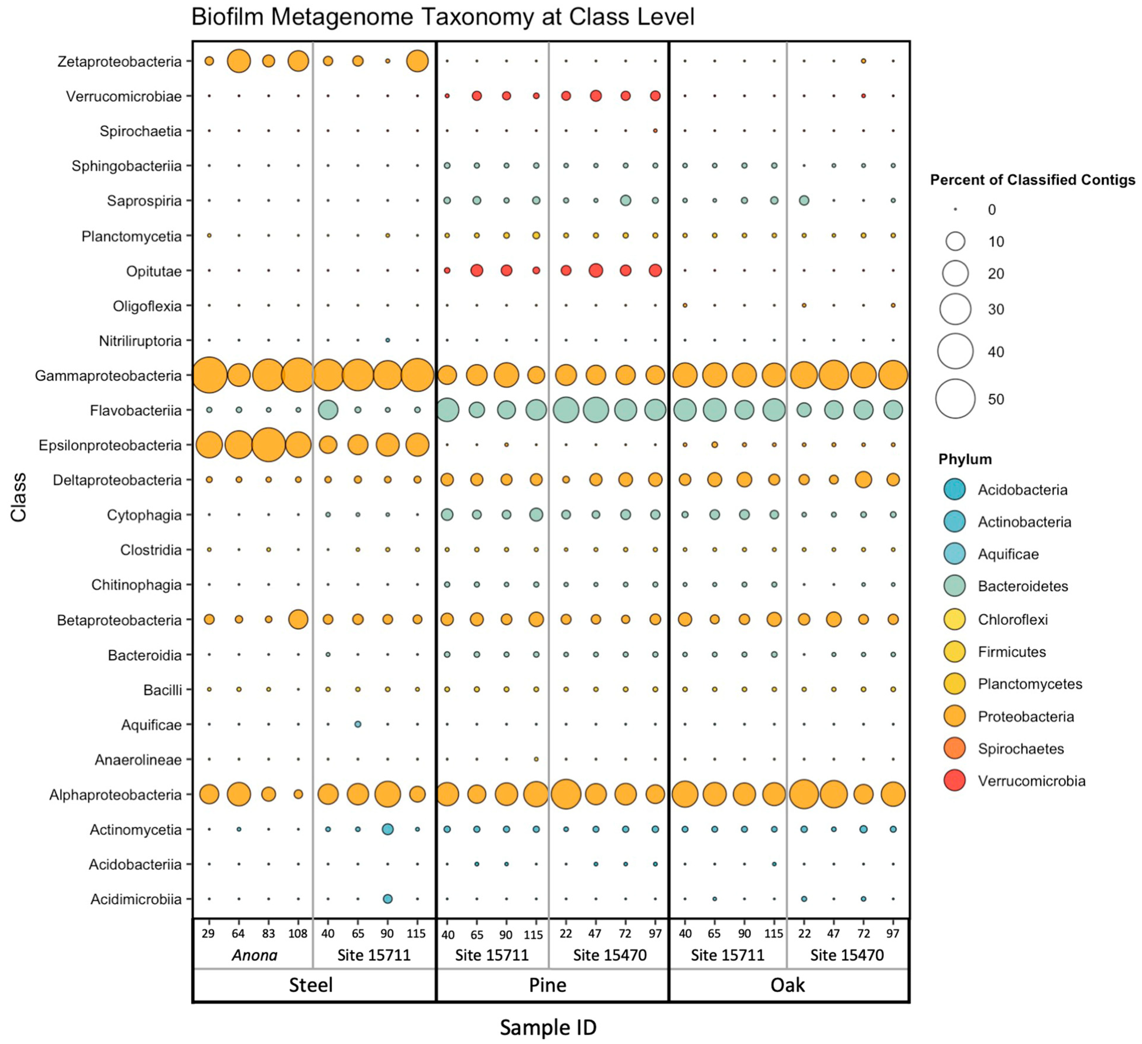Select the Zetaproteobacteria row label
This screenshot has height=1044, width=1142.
pyautogui.click(x=120, y=61)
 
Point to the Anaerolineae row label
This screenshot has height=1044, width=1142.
pyautogui.click(x=138, y=760)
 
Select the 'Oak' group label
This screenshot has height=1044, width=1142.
pyautogui.click(x=787, y=985)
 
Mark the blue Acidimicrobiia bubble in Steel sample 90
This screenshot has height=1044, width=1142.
pyautogui.click(x=388, y=899)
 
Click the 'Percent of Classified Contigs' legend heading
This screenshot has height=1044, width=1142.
pyautogui.click(x=1032, y=180)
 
